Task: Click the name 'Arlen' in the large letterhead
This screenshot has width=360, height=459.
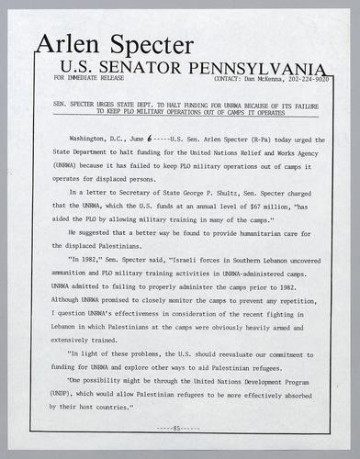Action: click(x=69, y=45)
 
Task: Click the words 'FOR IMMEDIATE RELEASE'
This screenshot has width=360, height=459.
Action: click(x=89, y=79)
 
